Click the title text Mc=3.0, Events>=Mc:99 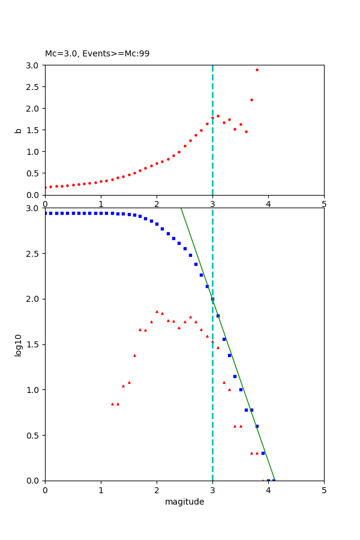97,54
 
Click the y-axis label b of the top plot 19,130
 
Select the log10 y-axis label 19,345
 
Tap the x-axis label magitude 184,502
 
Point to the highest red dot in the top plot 257,70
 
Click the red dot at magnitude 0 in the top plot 46,187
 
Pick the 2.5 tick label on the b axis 32,87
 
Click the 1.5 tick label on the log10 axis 32,344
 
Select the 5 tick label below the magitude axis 324,490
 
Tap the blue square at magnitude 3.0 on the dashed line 212,299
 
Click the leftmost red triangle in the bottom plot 112,404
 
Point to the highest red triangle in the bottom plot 157,311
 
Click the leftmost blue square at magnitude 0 46,213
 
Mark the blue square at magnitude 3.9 263,453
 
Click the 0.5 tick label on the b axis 32,173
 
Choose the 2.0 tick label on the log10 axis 32,299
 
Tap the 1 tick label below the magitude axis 101,490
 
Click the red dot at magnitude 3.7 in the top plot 251,100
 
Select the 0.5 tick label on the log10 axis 32,435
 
